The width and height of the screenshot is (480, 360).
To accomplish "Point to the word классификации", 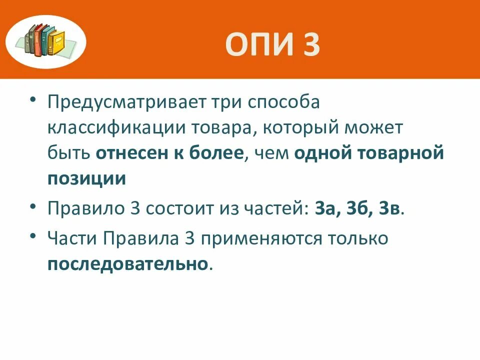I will tap(116, 128).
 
